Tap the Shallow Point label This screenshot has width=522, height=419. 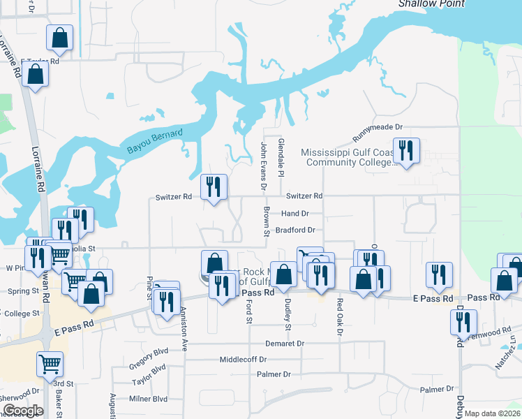431,3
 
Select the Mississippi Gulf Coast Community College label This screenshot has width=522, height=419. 348,158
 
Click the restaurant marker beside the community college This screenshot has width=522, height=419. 405,150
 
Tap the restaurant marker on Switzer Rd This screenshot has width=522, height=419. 214,186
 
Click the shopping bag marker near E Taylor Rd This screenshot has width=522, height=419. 34,73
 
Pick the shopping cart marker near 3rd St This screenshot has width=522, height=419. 50,363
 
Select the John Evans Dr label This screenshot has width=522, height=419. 264,166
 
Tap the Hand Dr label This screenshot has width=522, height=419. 295,214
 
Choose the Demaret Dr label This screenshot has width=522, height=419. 285,344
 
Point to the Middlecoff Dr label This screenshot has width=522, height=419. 243,360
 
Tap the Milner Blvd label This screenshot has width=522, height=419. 149,399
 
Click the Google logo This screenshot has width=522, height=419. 23,411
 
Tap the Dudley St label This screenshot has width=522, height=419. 288,314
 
